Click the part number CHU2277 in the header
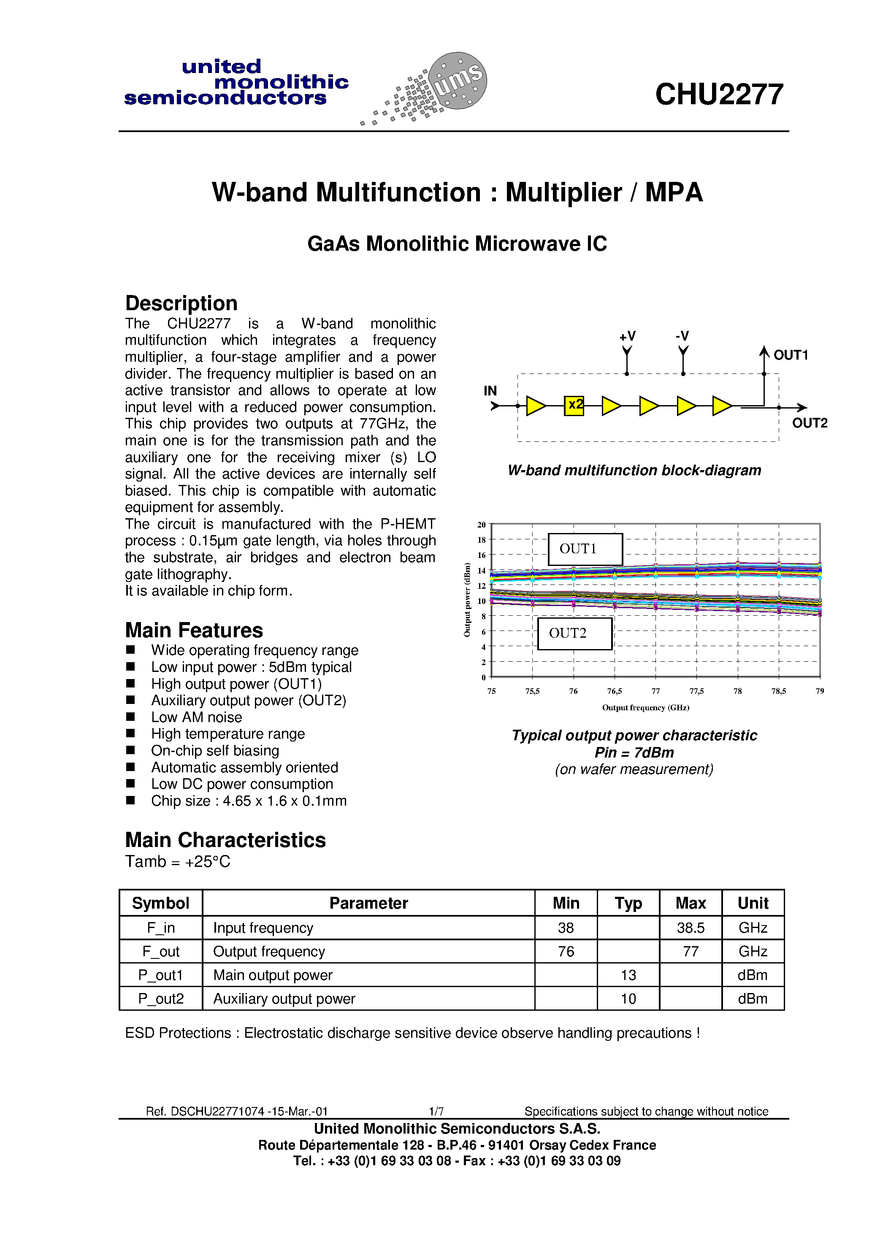719,95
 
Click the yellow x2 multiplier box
574,405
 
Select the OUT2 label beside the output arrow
809,424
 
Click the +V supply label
627,336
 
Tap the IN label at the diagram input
490,391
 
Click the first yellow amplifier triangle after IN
535,406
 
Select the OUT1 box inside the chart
585,549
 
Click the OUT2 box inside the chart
575,633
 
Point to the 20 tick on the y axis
481,525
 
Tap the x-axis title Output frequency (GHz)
645,708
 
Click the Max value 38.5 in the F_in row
690,928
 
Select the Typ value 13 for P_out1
628,975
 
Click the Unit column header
753,903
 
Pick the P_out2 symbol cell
161,999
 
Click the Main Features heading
194,630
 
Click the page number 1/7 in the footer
436,1111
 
